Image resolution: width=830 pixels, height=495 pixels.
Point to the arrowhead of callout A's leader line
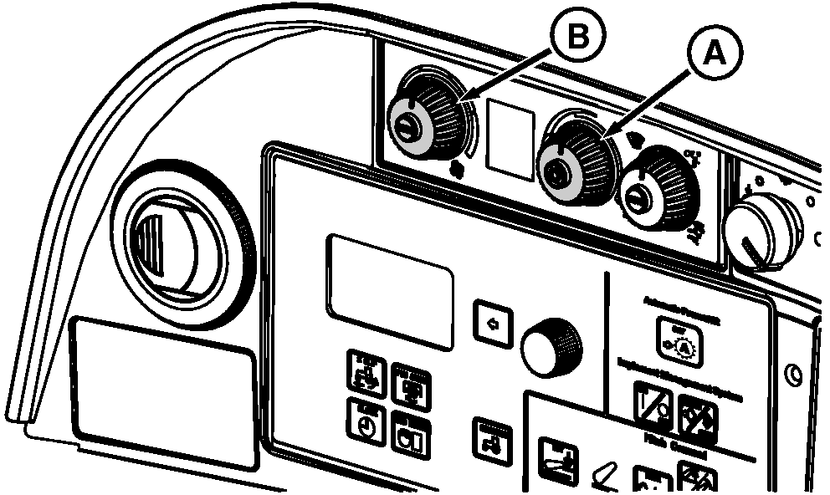tap(608, 136)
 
